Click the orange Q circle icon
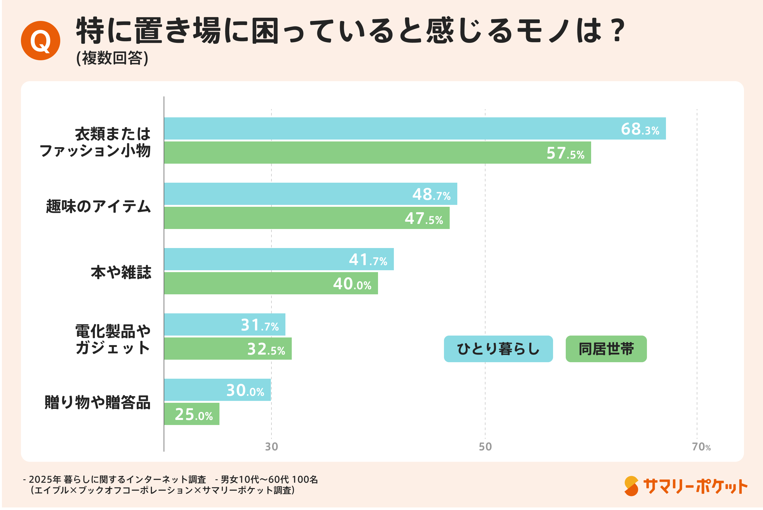point(40,41)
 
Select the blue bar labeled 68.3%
point(415,128)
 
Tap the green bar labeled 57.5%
point(377,153)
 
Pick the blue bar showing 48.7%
point(310,194)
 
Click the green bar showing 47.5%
point(307,218)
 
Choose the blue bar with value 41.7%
point(279,259)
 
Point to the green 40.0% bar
point(271,283)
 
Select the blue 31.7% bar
point(225,324)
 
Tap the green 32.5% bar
point(228,349)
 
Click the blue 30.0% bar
point(217,390)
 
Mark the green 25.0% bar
point(192,414)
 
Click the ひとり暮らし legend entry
point(498,349)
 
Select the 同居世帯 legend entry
point(606,349)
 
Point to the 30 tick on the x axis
point(271,447)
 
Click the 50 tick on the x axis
point(485,447)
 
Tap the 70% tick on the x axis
point(701,447)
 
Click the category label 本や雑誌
point(121,272)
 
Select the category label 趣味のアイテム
point(99,206)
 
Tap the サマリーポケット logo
point(686,487)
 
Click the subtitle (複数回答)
point(112,58)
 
